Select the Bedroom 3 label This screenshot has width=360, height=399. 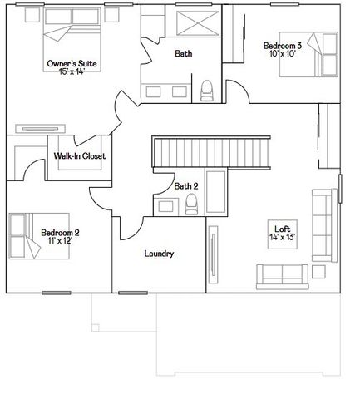[x=282, y=46]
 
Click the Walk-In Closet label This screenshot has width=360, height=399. [x=80, y=155]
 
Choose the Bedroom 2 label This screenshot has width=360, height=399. [x=60, y=232]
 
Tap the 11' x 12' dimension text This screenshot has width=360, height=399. [x=60, y=241]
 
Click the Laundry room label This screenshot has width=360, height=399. [x=158, y=254]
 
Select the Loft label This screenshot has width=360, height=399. [x=282, y=229]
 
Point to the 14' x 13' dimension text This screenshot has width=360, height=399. [x=282, y=238]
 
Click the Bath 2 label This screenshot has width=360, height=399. [x=185, y=186]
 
